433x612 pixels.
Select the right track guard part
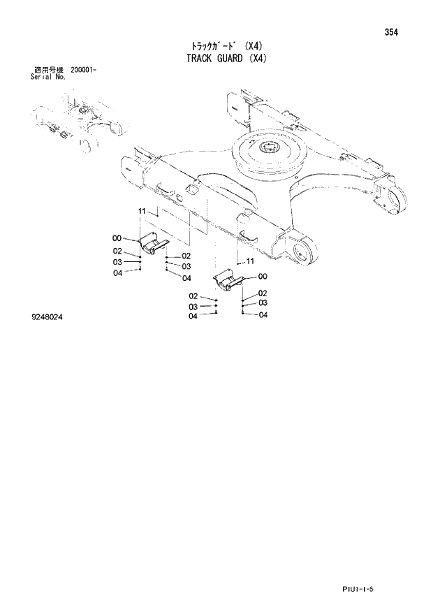(228, 279)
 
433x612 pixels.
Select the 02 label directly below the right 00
(263, 293)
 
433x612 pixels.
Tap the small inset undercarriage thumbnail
(78, 124)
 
